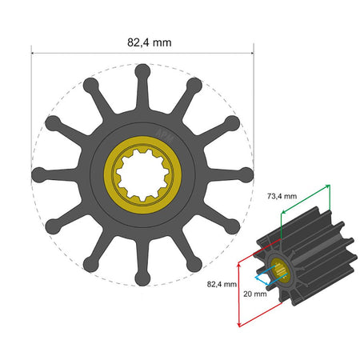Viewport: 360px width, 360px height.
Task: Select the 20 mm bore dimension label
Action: [256, 294]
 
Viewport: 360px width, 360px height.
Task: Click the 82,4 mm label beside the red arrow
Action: [222, 283]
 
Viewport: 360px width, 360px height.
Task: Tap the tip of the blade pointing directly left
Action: [37, 174]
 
